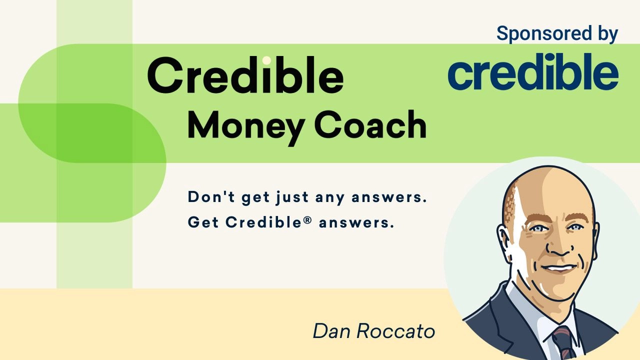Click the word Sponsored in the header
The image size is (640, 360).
(544, 34)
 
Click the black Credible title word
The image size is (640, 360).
(245, 75)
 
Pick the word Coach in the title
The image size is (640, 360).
(370, 125)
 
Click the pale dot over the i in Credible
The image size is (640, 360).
(266, 60)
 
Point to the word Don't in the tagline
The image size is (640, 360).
(211, 197)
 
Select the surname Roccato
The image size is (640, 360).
(395, 331)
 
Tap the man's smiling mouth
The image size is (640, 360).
(559, 268)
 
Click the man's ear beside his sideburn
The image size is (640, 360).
(504, 242)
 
